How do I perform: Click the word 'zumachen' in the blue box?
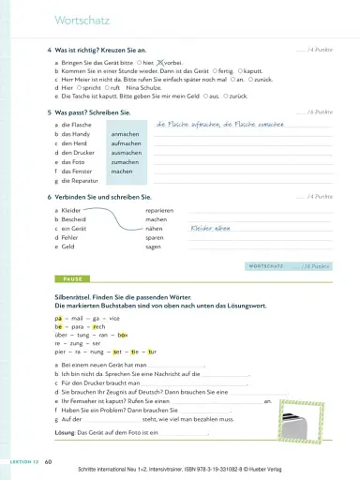(126, 162)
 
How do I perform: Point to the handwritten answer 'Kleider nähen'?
(210, 228)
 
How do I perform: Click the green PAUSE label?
(73, 279)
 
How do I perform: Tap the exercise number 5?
(48, 112)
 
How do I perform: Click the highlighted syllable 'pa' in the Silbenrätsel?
(58, 318)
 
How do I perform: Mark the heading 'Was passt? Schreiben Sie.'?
(92, 112)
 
